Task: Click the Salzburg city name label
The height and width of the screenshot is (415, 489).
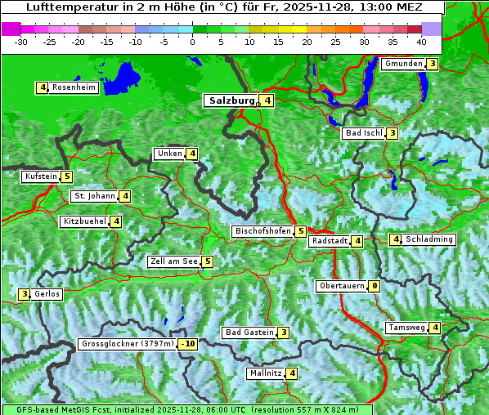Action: tap(231, 100)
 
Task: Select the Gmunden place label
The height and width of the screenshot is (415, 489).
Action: tap(403, 64)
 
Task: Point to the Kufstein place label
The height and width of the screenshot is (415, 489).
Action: tap(41, 176)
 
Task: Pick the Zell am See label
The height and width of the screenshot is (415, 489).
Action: tap(173, 261)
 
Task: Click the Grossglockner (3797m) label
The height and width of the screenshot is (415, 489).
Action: tap(128, 344)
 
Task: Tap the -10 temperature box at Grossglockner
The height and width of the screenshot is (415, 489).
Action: tap(188, 344)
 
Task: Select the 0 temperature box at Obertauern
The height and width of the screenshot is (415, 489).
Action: tap(374, 286)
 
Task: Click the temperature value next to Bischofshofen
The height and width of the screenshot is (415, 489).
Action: tap(301, 231)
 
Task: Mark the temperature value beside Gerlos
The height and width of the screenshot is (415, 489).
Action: tap(25, 294)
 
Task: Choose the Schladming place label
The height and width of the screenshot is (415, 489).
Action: tap(429, 239)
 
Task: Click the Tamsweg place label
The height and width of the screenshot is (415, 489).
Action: tap(406, 328)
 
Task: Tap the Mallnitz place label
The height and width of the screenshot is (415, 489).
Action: tap(265, 373)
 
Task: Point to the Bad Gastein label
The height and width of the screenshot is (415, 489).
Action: tap(249, 332)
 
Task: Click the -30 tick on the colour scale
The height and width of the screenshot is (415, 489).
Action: tap(21, 41)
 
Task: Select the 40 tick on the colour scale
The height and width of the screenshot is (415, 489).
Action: tap(420, 41)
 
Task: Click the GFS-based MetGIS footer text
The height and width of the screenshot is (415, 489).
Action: tap(186, 409)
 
